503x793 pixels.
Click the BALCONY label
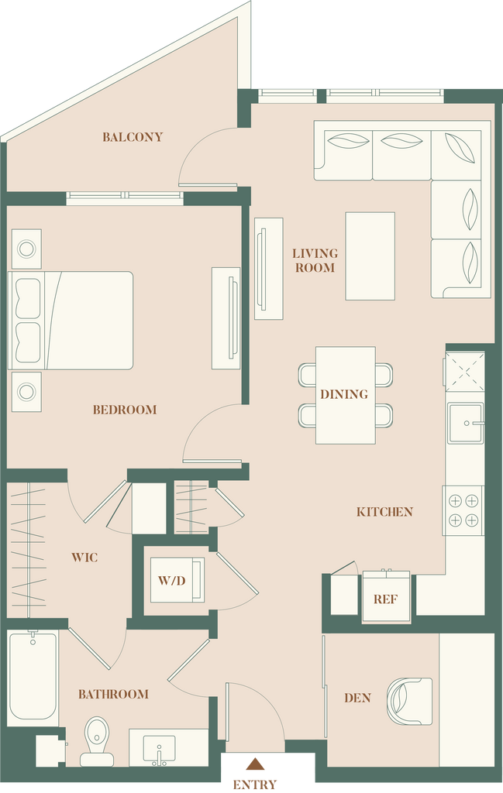tap(133, 136)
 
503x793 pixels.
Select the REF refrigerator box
tap(386, 597)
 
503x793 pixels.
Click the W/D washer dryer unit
tap(177, 579)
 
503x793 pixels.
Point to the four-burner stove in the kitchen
tap(463, 510)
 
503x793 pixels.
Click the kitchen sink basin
tap(465, 424)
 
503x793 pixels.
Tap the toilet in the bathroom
tap(97, 741)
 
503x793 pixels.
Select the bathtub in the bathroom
tap(33, 675)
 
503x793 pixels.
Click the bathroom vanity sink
tap(160, 749)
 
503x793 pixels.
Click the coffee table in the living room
tap(370, 256)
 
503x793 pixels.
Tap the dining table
tap(346, 396)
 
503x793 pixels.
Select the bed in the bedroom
tap(71, 320)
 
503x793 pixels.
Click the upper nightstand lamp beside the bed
tap(26, 249)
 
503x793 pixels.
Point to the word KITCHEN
tap(384, 512)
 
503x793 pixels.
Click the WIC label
tap(84, 558)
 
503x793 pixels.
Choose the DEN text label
tap(357, 698)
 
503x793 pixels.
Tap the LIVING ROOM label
tap(315, 260)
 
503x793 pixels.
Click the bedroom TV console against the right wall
tap(226, 318)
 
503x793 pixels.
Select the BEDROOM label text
tap(125, 410)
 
